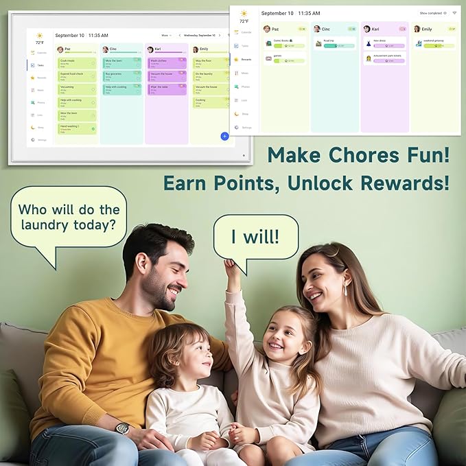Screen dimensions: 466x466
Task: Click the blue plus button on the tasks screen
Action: point(224,137)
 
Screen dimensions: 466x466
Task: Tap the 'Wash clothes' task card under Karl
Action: point(166,62)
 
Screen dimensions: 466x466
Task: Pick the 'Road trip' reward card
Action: point(335,43)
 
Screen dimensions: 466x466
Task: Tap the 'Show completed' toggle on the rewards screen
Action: point(433,13)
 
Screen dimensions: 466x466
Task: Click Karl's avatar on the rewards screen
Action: point(366,29)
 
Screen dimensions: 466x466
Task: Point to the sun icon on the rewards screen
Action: point(244,13)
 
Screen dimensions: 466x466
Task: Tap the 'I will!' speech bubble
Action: point(255,237)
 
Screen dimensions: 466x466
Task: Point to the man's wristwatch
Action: point(122,428)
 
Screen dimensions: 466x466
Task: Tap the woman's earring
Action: point(344,290)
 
